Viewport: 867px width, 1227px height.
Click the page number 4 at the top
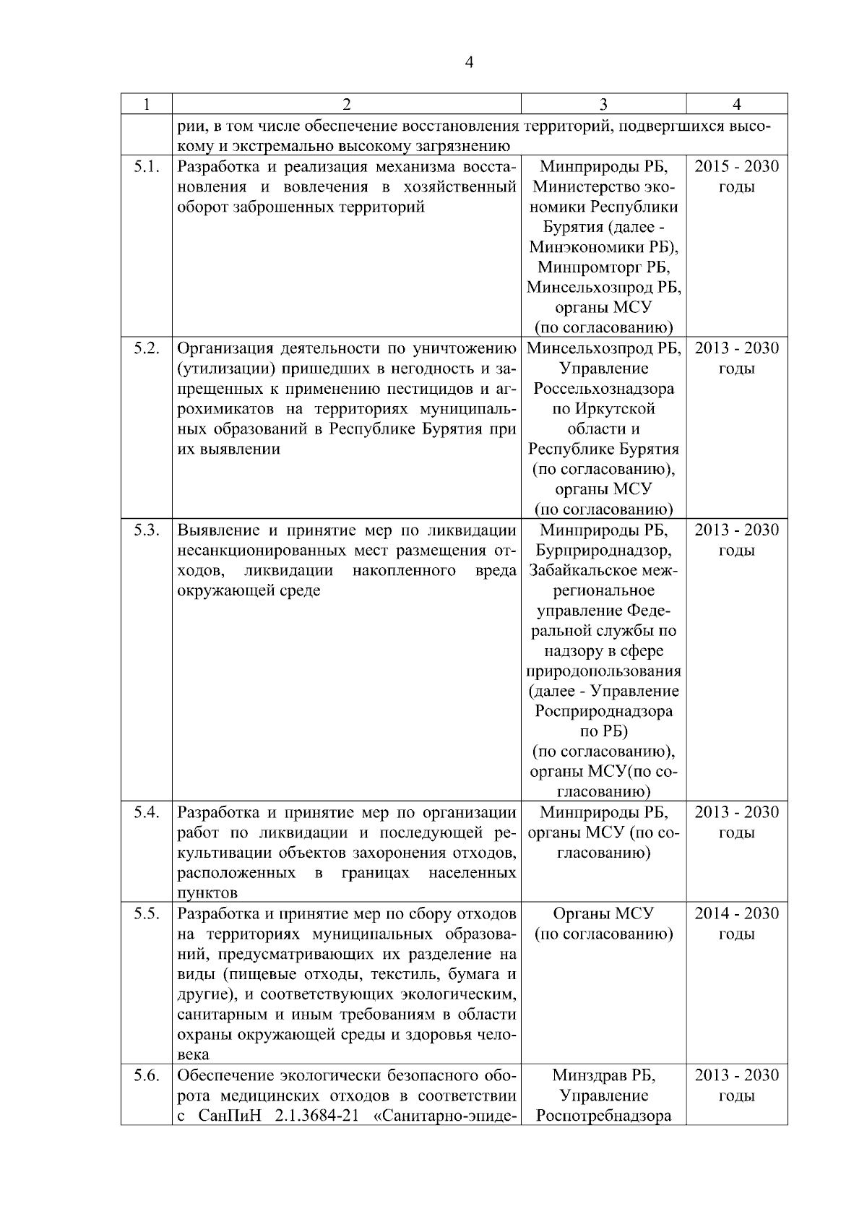click(469, 63)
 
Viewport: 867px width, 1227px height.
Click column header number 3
click(603, 104)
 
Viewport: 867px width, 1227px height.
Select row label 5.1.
click(146, 167)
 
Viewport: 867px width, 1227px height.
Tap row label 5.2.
click(146, 348)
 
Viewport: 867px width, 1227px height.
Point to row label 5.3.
click(146, 530)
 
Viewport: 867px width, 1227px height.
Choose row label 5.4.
click(146, 812)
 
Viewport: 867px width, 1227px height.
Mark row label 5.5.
click(146, 913)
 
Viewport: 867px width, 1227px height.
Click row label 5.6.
click(146, 1075)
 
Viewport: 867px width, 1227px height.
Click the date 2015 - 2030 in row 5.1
click(736, 167)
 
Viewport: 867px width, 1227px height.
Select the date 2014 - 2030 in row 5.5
click(736, 913)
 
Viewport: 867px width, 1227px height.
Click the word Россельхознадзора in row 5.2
click(603, 389)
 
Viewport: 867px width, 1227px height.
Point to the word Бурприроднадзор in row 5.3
click(603, 551)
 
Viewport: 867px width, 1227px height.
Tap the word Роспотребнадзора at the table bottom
click(603, 1116)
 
